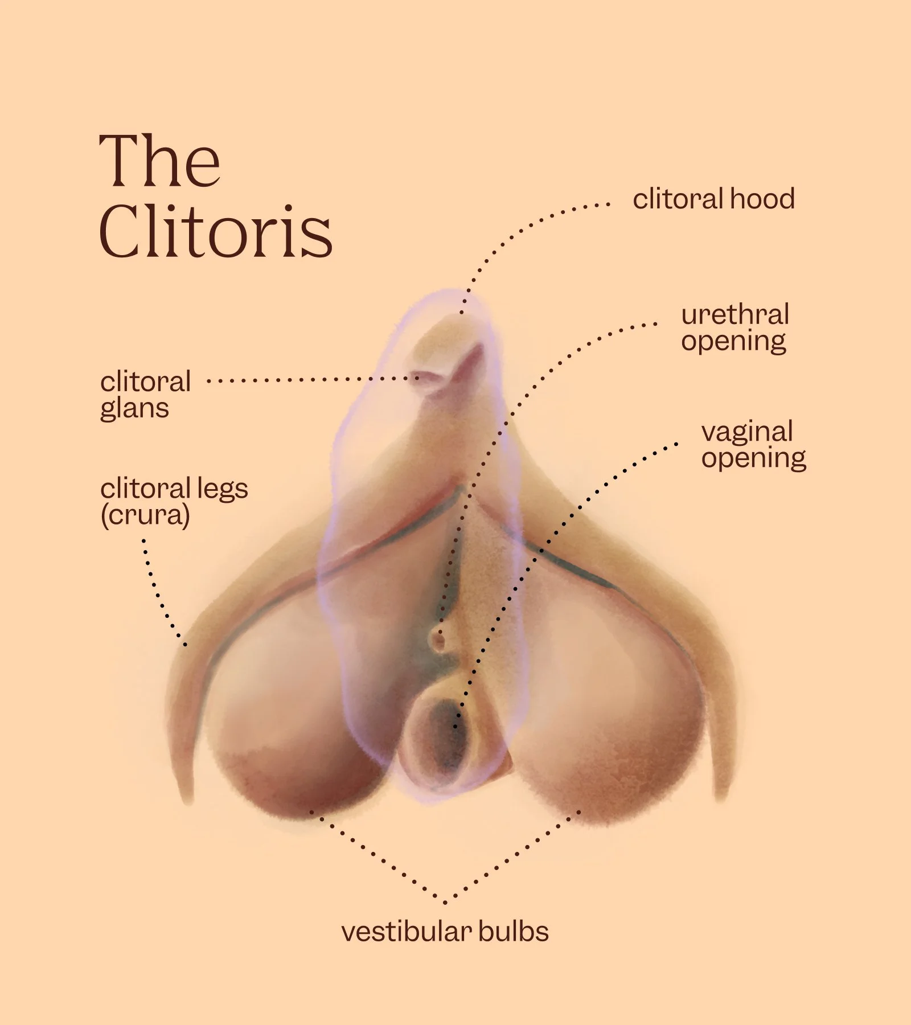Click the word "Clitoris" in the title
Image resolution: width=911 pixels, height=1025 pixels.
[x=215, y=231]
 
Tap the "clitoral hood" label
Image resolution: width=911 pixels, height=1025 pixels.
[x=713, y=199]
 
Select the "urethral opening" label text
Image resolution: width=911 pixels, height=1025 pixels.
[x=734, y=328]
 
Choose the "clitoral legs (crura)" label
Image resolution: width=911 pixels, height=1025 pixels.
[x=174, y=502]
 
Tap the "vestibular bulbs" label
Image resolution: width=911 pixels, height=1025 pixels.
[x=445, y=932]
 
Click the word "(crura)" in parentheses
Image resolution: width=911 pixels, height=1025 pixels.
[x=145, y=515]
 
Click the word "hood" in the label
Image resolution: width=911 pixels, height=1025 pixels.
[x=762, y=199]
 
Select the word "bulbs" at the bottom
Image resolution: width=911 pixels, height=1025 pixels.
[x=513, y=932]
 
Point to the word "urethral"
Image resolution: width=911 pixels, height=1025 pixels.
[x=734, y=315]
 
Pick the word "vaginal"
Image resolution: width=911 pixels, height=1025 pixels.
[x=747, y=432]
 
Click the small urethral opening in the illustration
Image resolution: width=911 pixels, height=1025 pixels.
[x=438, y=639]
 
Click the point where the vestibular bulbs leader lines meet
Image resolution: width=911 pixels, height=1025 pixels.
[x=445, y=902]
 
